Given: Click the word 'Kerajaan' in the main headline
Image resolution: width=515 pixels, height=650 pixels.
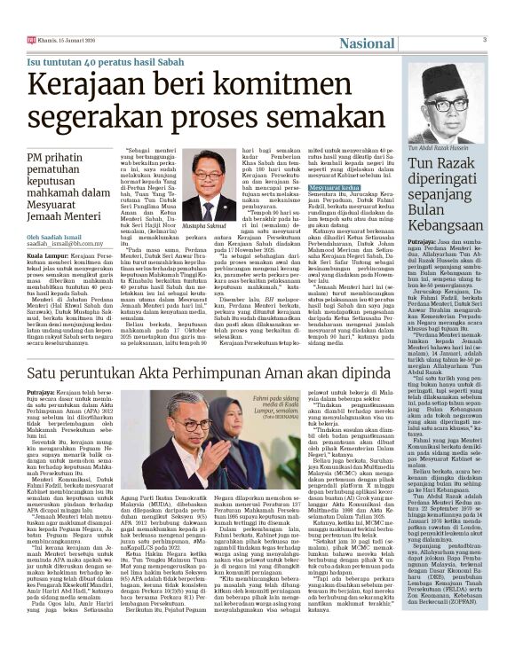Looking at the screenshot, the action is (90, 86).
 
